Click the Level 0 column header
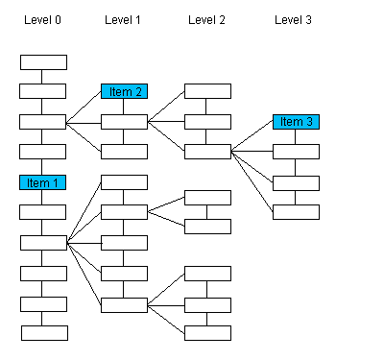point(42,19)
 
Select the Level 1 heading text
point(123,19)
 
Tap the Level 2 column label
point(207,19)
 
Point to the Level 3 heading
point(293,19)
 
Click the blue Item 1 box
point(43,182)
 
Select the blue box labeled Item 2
point(124,91)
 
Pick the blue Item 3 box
point(296,122)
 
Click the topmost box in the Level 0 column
point(43,62)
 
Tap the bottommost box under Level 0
point(44,333)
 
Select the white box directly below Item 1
point(43,212)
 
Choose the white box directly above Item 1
point(43,152)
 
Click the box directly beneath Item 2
point(124,122)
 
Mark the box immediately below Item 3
point(296,152)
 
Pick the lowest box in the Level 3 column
point(296,212)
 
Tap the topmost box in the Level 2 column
point(207,91)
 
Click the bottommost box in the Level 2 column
point(207,333)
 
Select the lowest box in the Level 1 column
point(124,305)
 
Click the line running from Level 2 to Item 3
point(252,137)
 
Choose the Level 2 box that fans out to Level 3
point(207,152)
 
